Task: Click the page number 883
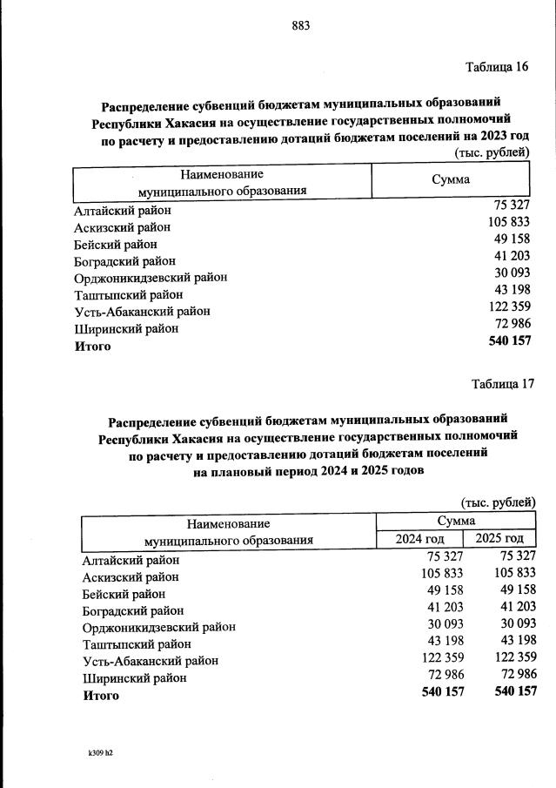click(300, 25)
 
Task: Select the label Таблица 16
click(497, 67)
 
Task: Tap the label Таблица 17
click(502, 384)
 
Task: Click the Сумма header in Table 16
click(451, 179)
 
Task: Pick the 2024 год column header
click(420, 539)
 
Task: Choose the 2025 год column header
click(499, 539)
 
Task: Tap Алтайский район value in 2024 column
click(442, 556)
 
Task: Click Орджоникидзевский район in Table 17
click(158, 626)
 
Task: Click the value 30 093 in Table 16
click(512, 273)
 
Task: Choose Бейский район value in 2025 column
click(513, 589)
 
